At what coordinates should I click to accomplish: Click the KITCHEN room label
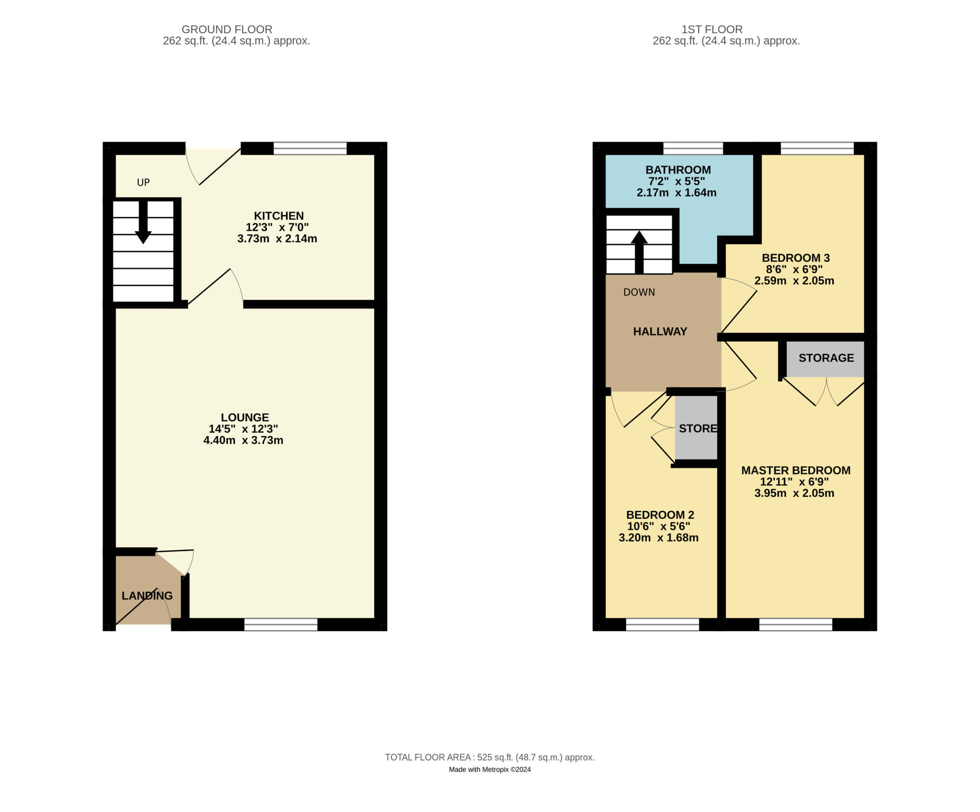pos(279,216)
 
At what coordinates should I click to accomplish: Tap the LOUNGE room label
pos(245,417)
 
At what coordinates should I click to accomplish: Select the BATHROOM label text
pos(678,170)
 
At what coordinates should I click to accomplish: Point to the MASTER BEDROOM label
pos(795,470)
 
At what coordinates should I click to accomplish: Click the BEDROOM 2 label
pos(660,515)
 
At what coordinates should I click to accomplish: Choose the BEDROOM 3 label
pos(795,258)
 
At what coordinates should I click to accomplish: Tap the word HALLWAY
pos(660,332)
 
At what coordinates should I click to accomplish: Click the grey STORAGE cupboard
pos(825,359)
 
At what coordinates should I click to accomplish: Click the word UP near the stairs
pos(143,183)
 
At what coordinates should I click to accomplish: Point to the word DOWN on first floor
pos(639,292)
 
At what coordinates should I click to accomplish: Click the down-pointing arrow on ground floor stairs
pos(143,222)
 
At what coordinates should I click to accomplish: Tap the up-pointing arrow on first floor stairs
pos(639,252)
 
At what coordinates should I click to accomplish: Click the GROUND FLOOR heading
pos(227,29)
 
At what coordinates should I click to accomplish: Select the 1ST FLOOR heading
pos(712,29)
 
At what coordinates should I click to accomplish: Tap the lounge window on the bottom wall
pos(281,624)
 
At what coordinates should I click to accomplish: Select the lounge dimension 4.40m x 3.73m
pos(243,440)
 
